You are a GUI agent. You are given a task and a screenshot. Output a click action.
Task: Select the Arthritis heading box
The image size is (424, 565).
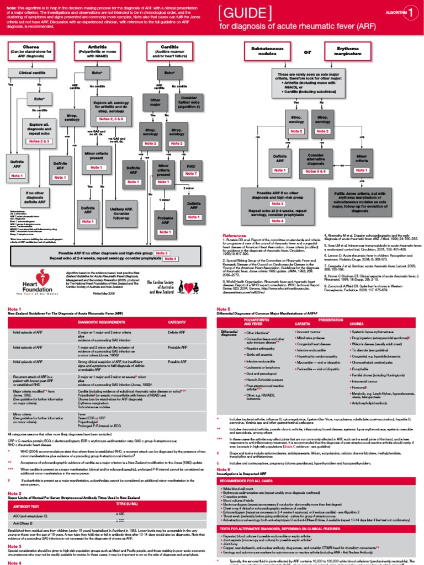97,51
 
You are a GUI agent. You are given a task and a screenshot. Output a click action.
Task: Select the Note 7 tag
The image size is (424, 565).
191,174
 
